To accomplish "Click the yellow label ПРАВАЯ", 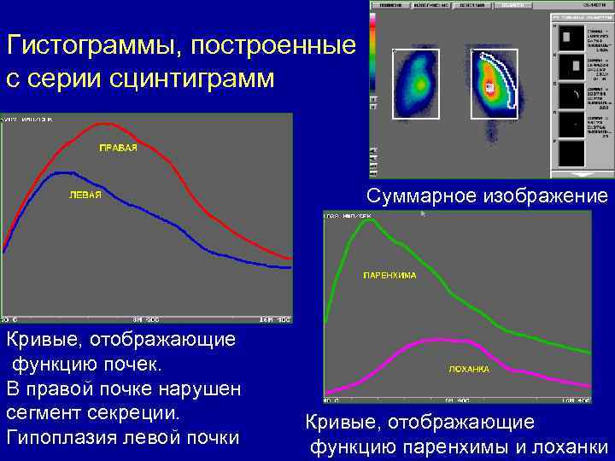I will click(x=119, y=149).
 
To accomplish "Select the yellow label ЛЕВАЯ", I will click(x=85, y=195).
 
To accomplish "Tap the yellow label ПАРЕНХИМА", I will click(x=389, y=275).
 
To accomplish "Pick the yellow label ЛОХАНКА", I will click(x=469, y=369).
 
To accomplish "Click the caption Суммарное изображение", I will click(x=488, y=195).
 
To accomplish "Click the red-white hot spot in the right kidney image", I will click(x=489, y=87).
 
